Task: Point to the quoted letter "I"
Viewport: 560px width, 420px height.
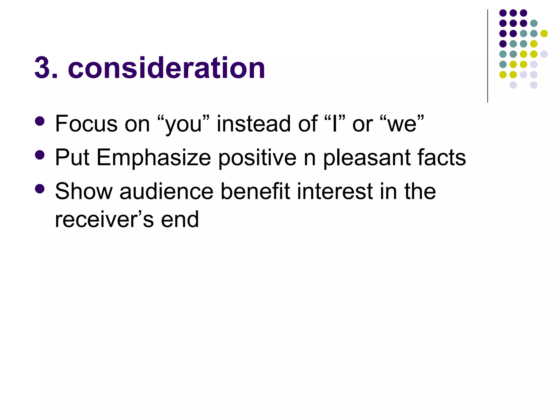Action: pyautogui.click(x=334, y=124)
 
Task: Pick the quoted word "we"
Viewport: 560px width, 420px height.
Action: pyautogui.click(x=402, y=124)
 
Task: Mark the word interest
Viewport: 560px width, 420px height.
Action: pyautogui.click(x=335, y=191)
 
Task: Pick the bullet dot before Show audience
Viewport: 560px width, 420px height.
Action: pyautogui.click(x=40, y=189)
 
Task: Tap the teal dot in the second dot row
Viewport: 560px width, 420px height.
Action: pyautogui.click(x=534, y=23)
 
